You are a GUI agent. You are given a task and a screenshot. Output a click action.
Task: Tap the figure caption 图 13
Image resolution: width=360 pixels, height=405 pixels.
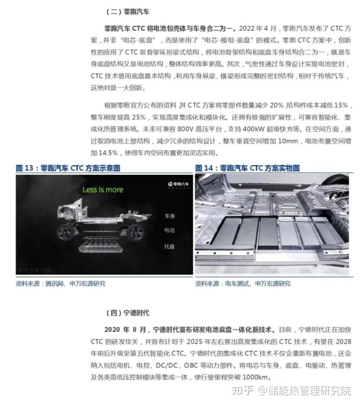point(68,168)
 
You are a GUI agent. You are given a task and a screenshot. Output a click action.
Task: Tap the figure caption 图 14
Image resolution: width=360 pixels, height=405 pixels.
point(247,168)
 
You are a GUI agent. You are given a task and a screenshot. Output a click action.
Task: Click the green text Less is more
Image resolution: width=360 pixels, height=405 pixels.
point(103,190)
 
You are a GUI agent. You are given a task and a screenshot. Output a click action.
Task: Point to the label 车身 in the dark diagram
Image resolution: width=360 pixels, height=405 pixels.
point(169,216)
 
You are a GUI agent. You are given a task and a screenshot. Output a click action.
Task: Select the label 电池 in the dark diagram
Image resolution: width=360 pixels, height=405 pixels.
point(169,230)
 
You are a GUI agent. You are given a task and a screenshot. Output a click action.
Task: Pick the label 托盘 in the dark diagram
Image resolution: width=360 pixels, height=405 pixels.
point(169,246)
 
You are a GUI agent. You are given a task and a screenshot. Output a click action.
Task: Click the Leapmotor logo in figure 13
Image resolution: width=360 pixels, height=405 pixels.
point(177,184)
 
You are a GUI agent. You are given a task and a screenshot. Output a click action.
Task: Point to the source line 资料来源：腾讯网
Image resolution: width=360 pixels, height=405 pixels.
point(60,284)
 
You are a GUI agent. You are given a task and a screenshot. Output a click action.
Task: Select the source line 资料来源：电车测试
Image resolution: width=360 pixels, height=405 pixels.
point(243,284)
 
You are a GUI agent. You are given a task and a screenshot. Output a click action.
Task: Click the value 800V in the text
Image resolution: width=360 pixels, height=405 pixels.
point(177,129)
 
